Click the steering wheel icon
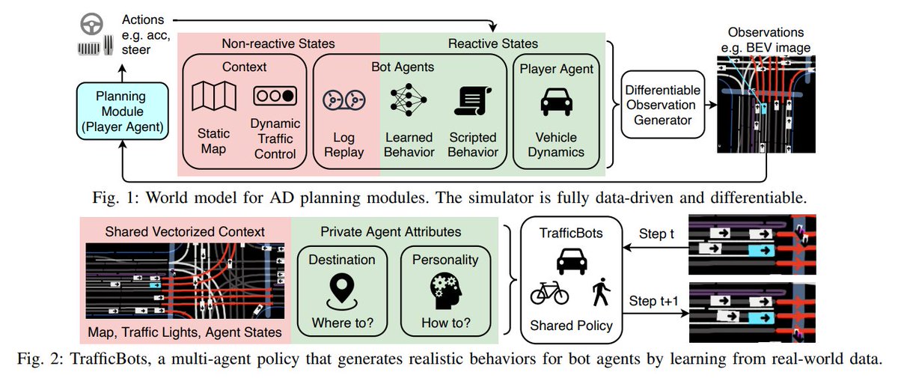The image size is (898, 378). (92, 24)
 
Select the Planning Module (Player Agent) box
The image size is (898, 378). (122, 111)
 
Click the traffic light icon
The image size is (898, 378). (275, 96)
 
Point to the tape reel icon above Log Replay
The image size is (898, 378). (344, 100)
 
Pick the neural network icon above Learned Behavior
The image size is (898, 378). (409, 100)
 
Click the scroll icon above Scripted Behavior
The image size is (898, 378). (473, 100)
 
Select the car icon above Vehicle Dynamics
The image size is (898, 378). (557, 101)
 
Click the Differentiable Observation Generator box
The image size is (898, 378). (663, 105)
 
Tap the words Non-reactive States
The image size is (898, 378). (278, 43)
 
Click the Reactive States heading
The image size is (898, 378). (492, 43)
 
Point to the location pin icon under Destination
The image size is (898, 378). (342, 291)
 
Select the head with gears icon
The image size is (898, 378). (446, 290)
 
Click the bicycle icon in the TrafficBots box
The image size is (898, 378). (549, 293)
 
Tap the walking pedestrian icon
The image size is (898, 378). (601, 292)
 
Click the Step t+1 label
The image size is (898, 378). (653, 301)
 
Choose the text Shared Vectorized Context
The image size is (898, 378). (185, 232)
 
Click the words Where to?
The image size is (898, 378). (343, 323)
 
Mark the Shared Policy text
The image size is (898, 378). (571, 326)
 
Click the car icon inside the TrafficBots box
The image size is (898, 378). (572, 261)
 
